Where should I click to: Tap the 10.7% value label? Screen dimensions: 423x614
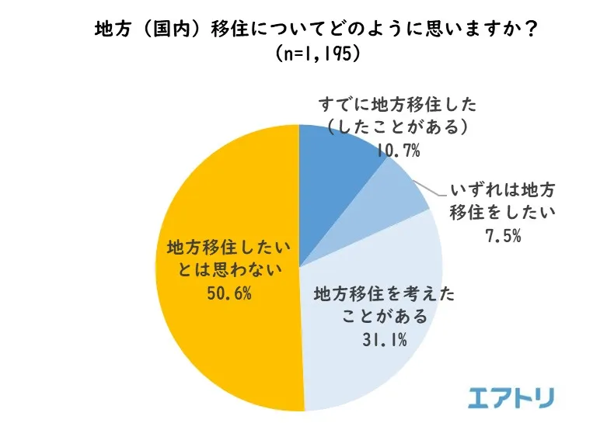[398, 150]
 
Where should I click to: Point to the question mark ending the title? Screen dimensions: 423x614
[531, 30]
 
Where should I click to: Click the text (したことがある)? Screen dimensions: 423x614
[397, 127]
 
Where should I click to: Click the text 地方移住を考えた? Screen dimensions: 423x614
[384, 293]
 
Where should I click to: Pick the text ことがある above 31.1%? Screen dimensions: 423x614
[384, 316]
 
